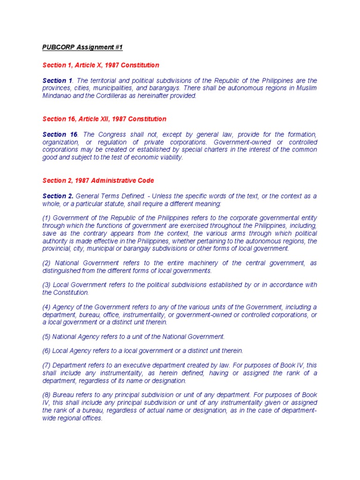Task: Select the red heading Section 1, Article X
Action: (100, 65)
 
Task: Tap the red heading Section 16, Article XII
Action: (104, 119)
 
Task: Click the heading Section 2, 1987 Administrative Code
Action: (98, 180)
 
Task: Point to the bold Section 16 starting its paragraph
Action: (60, 135)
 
